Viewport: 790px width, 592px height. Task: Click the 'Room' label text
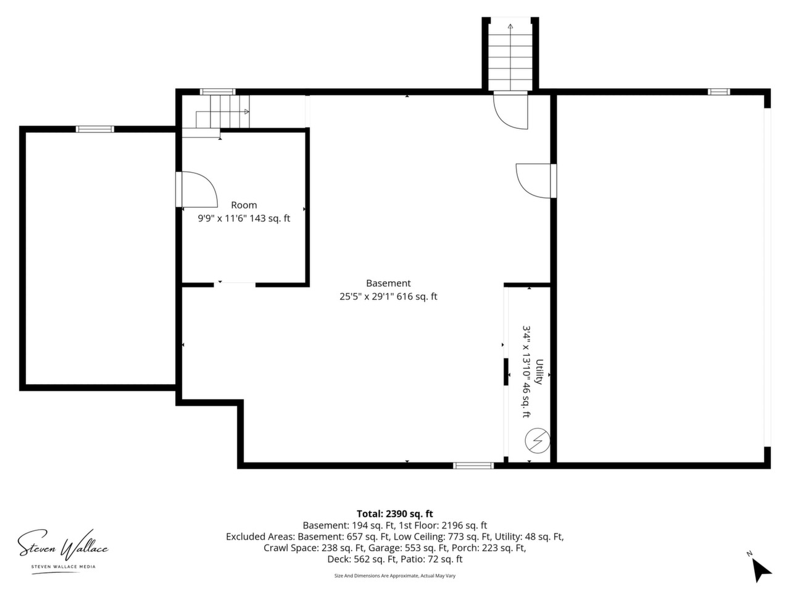(244, 205)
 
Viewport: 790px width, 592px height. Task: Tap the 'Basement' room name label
(388, 283)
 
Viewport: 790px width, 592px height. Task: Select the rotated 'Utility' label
(539, 371)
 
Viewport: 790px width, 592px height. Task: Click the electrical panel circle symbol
(537, 440)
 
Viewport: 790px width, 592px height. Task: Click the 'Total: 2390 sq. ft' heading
(394, 513)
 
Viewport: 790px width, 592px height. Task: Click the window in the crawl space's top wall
(94, 129)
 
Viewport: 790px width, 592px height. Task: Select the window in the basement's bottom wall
(473, 466)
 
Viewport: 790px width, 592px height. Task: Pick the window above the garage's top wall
(719, 92)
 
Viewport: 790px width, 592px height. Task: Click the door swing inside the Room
(199, 189)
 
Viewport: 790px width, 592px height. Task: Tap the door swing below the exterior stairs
(510, 111)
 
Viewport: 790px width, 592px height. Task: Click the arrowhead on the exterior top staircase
(510, 27)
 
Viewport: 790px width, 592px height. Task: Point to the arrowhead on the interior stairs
(246, 112)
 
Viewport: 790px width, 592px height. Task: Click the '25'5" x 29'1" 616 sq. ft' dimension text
(388, 297)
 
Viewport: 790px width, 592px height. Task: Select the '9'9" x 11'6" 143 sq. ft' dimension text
(244, 218)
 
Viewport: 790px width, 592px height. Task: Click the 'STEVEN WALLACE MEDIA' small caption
(64, 567)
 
